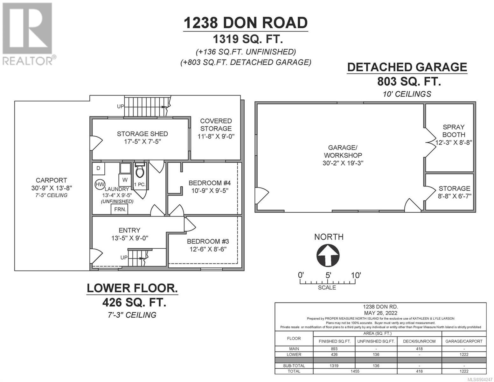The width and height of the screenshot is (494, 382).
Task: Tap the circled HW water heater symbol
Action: point(100,184)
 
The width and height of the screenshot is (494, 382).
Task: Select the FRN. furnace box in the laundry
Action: point(119,209)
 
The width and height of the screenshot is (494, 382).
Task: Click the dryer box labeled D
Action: point(98,168)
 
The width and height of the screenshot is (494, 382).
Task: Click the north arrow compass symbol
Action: point(328,255)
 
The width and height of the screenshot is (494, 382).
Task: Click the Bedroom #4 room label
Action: point(210,183)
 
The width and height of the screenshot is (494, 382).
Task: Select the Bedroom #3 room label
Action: point(208,241)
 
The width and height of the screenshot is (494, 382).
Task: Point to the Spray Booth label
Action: point(454,131)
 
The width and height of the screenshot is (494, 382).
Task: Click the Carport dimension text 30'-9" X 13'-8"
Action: point(52,188)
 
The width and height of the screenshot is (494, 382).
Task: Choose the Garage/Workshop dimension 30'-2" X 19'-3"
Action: point(343,163)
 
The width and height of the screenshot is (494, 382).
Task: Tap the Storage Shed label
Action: point(142,134)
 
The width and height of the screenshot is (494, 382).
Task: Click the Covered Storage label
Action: point(216,125)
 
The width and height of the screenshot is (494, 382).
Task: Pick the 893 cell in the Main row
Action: point(334,349)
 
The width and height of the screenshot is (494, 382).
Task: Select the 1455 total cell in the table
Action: point(355,371)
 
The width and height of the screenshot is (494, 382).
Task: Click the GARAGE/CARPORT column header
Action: point(464,341)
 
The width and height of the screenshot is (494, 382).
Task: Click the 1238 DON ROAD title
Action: point(246,23)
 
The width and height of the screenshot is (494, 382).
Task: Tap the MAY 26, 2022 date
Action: point(380,313)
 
